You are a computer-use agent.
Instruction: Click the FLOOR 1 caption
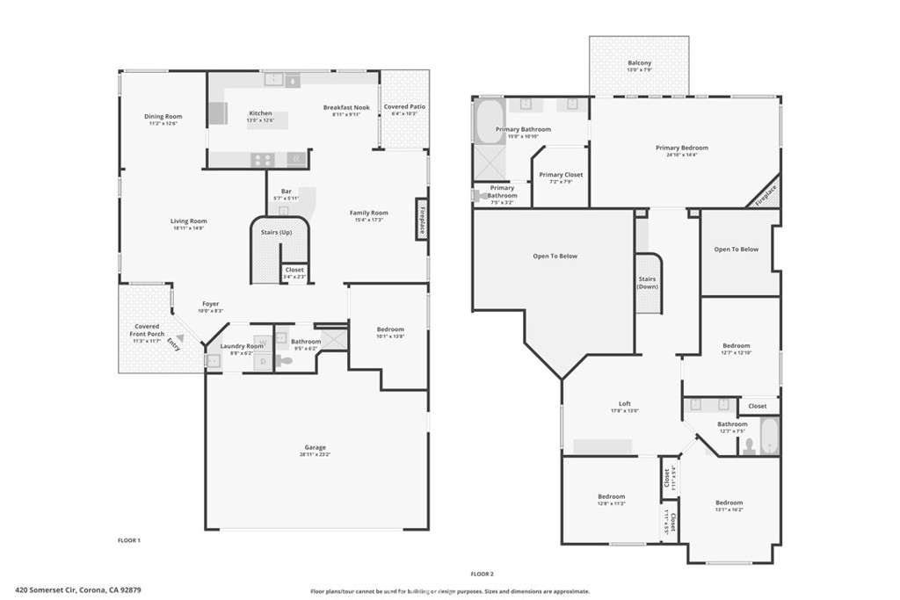[x=129, y=539]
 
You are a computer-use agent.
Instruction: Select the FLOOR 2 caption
[x=483, y=573]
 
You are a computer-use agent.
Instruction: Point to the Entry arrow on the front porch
[x=180, y=336]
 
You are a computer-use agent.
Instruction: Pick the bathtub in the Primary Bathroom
[x=489, y=121]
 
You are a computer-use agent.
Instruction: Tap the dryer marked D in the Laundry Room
[x=261, y=360]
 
